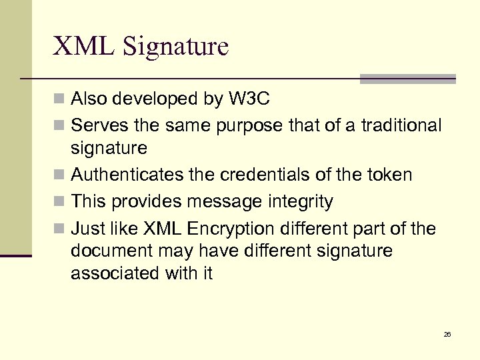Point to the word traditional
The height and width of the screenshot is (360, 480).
[401, 125]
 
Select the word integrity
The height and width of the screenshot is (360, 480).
[301, 201]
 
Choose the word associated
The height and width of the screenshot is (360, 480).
[115, 273]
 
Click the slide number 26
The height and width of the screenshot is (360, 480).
[447, 334]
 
